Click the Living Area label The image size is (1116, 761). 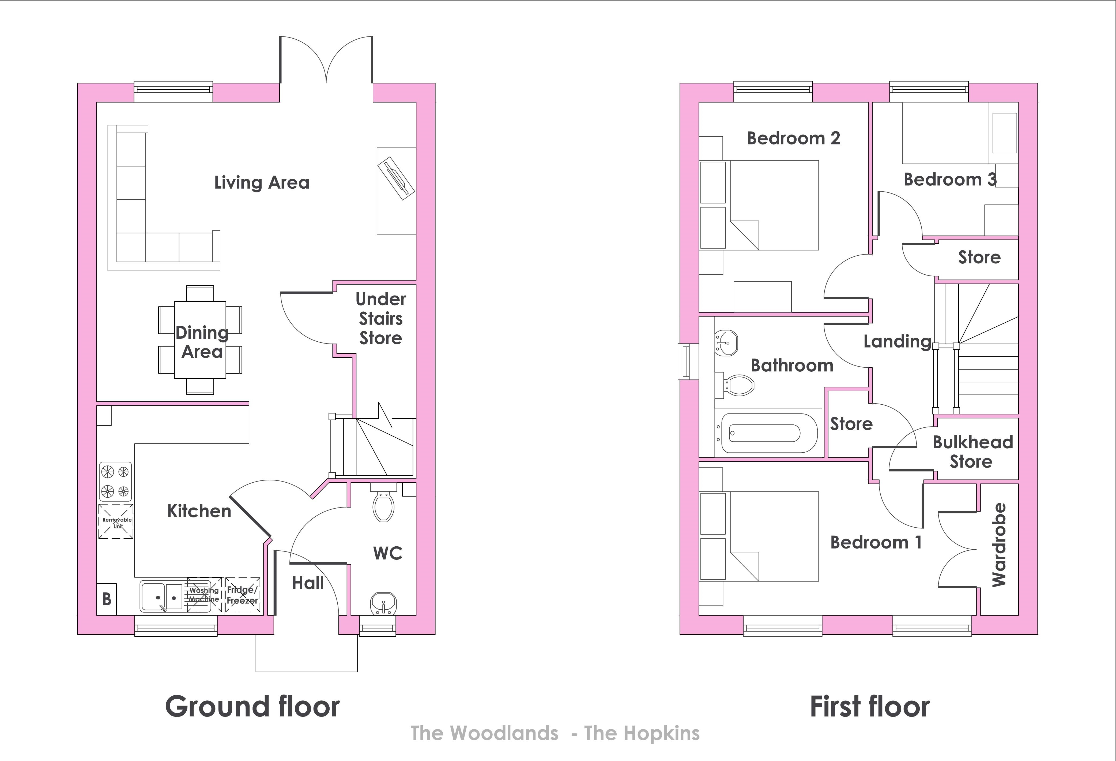pos(262,182)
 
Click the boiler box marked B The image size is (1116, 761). pos(107,599)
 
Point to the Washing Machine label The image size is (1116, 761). pos(204,595)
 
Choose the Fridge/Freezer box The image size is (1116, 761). pos(243,595)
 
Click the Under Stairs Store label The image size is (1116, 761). pos(381,319)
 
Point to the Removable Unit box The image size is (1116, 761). pos(116,521)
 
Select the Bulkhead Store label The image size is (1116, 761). pos(972,452)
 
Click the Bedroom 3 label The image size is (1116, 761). pos(950,180)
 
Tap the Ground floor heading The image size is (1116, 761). pos(252,706)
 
